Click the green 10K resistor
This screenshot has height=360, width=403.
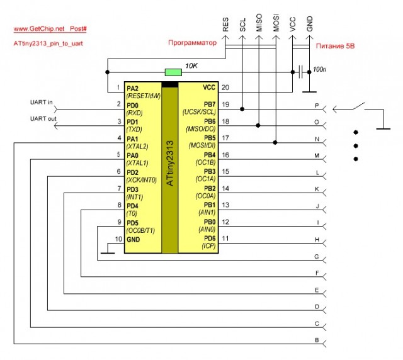[171, 72]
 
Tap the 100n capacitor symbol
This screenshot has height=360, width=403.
[304, 72]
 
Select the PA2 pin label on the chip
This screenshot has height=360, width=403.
[133, 87]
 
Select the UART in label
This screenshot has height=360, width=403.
[42, 102]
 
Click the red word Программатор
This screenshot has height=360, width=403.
[191, 42]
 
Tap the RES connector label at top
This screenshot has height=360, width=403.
[225, 25]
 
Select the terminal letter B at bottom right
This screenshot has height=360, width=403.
[316, 340]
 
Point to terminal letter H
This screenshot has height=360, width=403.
[316, 240]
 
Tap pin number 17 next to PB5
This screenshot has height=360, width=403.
[225, 137]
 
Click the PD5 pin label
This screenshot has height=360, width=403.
[133, 223]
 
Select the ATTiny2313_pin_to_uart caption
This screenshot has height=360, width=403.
[48, 43]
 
